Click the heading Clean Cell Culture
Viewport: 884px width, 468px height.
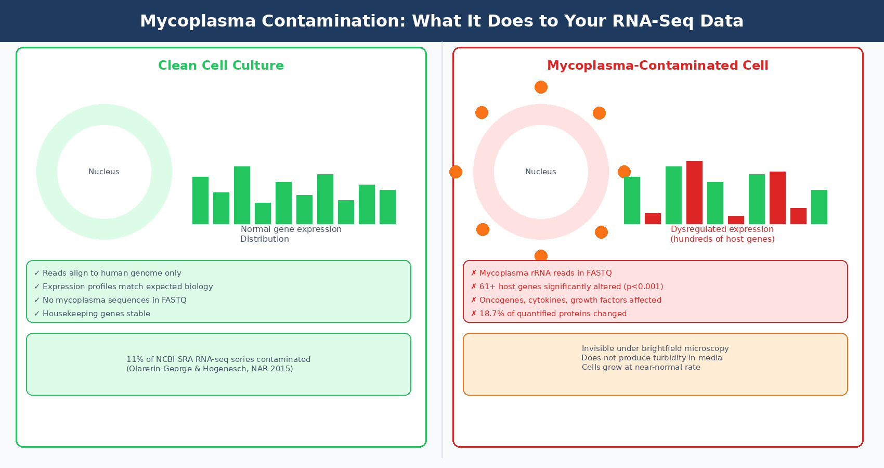pyautogui.click(x=221, y=66)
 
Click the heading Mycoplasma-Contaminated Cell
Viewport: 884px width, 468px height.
pyautogui.click(x=657, y=66)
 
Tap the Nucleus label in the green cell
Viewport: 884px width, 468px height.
pyautogui.click(x=104, y=172)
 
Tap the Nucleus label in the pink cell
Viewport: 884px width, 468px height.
pyautogui.click(x=540, y=172)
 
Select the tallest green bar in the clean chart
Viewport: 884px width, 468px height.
pyautogui.click(x=242, y=195)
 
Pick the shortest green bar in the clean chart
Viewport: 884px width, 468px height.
pyautogui.click(x=263, y=213)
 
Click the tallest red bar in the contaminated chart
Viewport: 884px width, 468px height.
pyautogui.click(x=694, y=192)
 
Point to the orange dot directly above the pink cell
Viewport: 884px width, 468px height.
pyautogui.click(x=541, y=87)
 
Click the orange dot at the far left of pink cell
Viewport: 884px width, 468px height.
pyautogui.click(x=456, y=172)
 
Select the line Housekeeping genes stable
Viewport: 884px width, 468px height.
pyautogui.click(x=96, y=314)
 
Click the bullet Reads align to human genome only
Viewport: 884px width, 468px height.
pyautogui.click(x=112, y=273)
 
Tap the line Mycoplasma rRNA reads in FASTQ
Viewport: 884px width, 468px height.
pyautogui.click(x=545, y=273)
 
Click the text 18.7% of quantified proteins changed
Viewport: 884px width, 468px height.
pyautogui.click(x=552, y=314)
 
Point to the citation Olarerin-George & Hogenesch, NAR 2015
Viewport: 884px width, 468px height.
pyautogui.click(x=210, y=369)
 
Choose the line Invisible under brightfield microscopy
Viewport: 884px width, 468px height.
pyautogui.click(x=655, y=348)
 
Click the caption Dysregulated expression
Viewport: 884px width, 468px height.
pyautogui.click(x=722, y=229)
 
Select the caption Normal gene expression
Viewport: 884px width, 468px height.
pyautogui.click(x=291, y=229)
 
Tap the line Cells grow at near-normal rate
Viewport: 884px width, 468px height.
pyautogui.click(x=641, y=367)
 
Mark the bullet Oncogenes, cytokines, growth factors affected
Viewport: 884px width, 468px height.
pyautogui.click(x=570, y=300)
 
